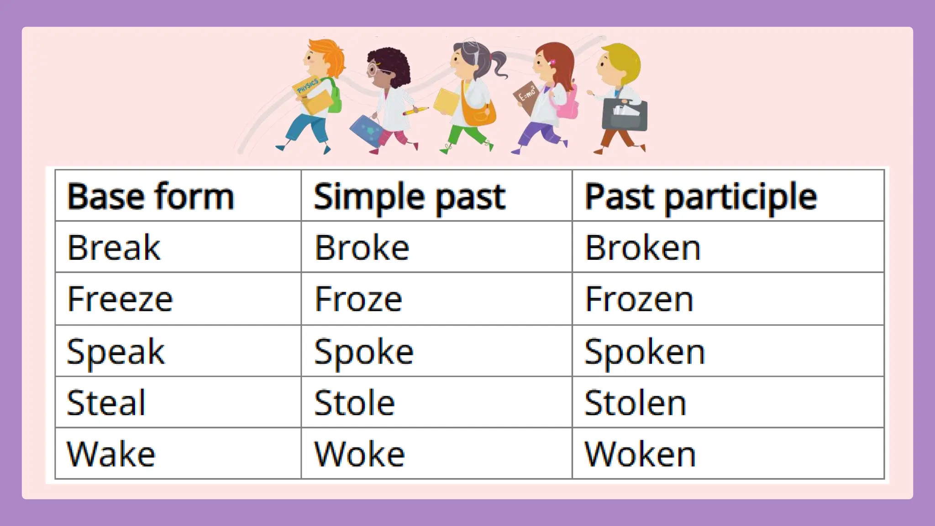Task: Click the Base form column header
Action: coord(151,196)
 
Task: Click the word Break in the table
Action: coord(114,247)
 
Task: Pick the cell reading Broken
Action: coord(643,248)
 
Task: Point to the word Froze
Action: coord(358,300)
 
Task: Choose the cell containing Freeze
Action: coord(120,300)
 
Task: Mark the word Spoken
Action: coord(645,352)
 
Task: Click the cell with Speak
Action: coord(116,352)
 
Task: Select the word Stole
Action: coord(354,403)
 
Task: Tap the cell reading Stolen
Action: coord(635,403)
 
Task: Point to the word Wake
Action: coord(111,454)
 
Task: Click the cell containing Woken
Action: coord(640,455)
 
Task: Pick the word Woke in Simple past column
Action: coord(359,455)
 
